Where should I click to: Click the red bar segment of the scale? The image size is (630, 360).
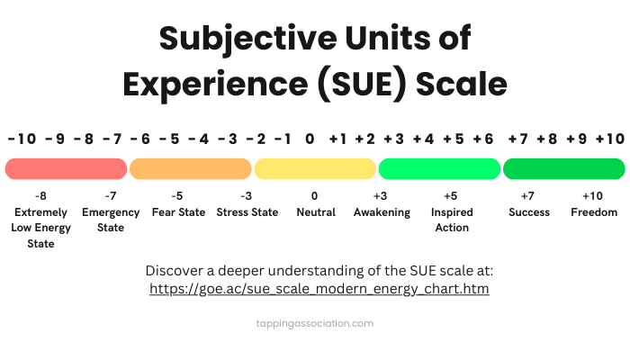[66, 168]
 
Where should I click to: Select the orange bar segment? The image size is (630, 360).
[190, 168]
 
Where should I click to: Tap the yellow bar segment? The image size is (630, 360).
[314, 168]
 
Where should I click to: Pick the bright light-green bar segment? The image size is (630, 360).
[438, 168]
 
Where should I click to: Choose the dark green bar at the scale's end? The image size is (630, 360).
[563, 168]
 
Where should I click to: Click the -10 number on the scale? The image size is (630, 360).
[22, 139]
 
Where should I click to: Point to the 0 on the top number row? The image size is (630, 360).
[310, 139]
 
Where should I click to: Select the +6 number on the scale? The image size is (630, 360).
[483, 139]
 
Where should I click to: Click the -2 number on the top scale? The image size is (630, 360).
[256, 139]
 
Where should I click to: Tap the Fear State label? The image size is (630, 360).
[178, 212]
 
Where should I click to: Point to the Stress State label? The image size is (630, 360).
[247, 212]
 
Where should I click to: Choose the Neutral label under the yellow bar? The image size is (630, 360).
[315, 212]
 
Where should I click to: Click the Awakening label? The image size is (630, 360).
[381, 212]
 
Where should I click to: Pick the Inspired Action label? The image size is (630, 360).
[451, 220]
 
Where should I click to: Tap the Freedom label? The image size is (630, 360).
[594, 212]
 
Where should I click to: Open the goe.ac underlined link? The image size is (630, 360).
[319, 290]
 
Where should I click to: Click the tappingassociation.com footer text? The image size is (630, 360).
[314, 323]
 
